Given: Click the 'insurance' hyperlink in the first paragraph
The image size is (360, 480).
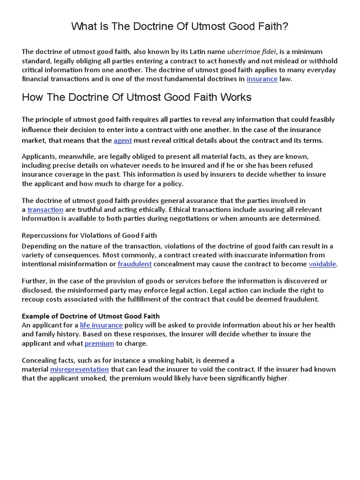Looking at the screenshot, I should pyautogui.click(x=262, y=79).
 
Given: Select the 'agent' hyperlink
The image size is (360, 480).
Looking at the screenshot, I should pyautogui.click(x=123, y=140).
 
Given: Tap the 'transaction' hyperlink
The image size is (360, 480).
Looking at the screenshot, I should pyautogui.click(x=45, y=210).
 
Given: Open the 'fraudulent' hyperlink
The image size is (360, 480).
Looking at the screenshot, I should pyautogui.click(x=135, y=264).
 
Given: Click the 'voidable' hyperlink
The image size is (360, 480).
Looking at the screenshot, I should pyautogui.click(x=322, y=264).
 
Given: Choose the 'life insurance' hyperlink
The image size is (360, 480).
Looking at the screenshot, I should pyautogui.click(x=101, y=325).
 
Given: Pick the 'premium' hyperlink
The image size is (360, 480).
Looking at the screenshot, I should pyautogui.click(x=99, y=343).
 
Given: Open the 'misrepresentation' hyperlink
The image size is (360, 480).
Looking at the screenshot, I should pyautogui.click(x=79, y=369).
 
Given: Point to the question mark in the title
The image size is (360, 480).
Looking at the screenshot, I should pyautogui.click(x=285, y=27).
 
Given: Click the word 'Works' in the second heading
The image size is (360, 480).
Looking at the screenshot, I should pyautogui.click(x=236, y=97).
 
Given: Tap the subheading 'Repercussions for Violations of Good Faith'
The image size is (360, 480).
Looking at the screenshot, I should pyautogui.click(x=90, y=235).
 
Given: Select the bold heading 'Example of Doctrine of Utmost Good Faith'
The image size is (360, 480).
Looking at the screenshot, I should pyautogui.click(x=91, y=316).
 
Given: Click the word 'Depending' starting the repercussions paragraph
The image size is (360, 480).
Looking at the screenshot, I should pyautogui.click(x=40, y=246).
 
